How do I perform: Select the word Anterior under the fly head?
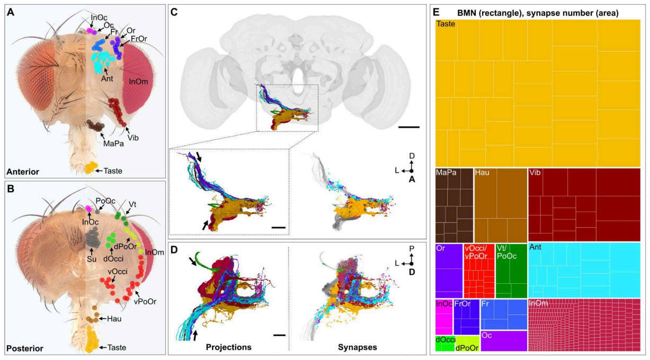(x=25, y=171)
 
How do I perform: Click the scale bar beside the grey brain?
(x=408, y=127)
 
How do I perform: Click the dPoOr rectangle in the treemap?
(x=468, y=345)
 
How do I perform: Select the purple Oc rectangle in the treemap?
(x=503, y=341)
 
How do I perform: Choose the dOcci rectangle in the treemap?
(x=444, y=344)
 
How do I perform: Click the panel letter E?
(x=438, y=11)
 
